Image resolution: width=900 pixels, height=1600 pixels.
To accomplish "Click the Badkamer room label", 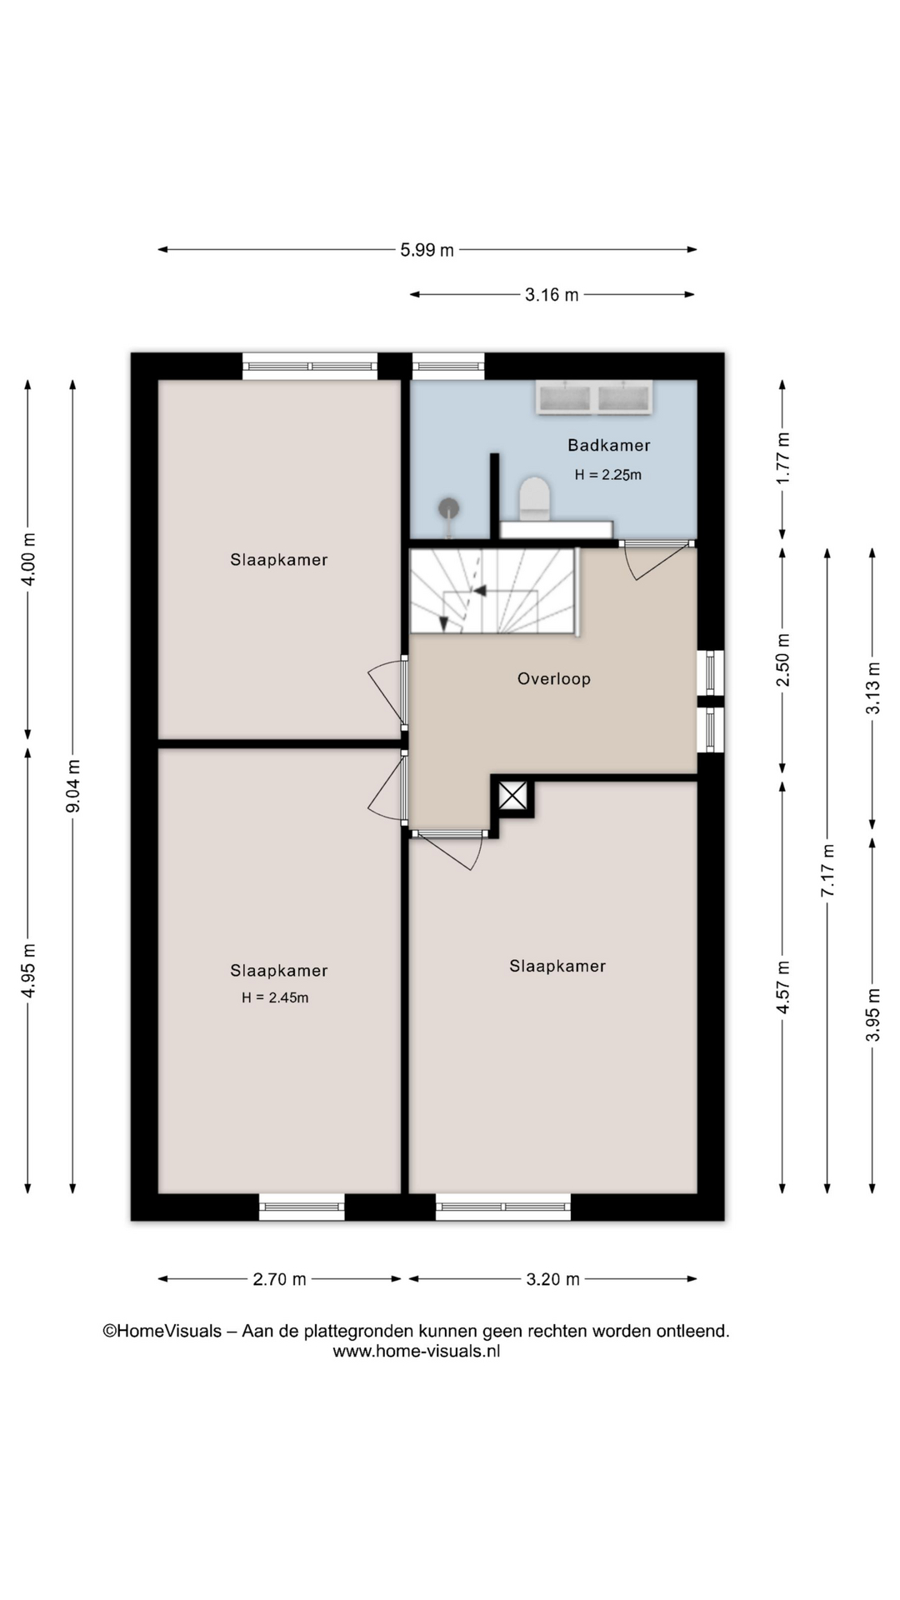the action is [608, 445].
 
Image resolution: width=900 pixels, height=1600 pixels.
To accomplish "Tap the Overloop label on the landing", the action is [554, 678].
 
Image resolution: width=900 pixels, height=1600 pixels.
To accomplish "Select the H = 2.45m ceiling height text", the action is [275, 997].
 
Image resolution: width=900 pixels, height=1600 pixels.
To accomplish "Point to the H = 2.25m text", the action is [608, 475].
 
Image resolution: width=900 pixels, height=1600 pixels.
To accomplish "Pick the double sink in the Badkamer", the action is [594, 397].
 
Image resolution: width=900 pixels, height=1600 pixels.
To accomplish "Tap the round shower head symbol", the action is [449, 507].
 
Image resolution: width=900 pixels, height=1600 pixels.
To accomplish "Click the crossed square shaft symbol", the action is [512, 796].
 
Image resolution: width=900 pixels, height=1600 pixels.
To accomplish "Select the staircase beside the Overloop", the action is [493, 591].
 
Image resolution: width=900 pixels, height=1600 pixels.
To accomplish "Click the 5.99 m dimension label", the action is [427, 249].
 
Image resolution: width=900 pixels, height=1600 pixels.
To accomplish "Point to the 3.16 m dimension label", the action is [552, 294].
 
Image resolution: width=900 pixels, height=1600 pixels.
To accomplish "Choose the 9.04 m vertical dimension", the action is [73, 786].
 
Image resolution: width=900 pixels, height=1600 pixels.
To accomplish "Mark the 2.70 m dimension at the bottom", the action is [279, 1278].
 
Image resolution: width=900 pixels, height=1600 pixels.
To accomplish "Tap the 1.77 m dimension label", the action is [782, 458].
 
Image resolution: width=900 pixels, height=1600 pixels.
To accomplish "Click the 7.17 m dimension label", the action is [827, 870].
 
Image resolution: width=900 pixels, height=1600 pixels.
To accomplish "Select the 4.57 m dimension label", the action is [782, 987].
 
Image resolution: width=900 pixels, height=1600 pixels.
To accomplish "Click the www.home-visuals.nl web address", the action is [417, 1351].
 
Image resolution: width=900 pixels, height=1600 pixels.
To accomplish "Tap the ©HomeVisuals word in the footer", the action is [162, 1331].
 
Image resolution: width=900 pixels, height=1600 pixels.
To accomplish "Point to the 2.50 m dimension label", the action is [782, 660].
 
